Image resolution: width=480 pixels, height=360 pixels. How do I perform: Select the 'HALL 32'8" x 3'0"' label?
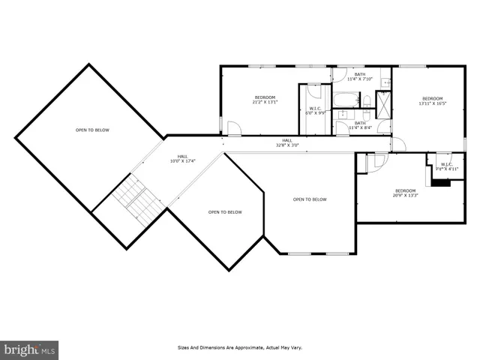click(x=287, y=142)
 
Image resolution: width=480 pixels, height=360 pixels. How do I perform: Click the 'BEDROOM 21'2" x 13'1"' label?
click(x=265, y=100)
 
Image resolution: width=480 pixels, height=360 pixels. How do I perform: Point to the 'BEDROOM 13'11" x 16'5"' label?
click(x=432, y=101)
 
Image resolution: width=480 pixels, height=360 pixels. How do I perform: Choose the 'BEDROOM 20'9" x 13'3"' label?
click(x=405, y=193)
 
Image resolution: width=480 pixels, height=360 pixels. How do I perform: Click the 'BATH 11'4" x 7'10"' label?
click(x=360, y=76)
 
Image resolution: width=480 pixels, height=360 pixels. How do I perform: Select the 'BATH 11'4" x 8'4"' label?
click(x=360, y=125)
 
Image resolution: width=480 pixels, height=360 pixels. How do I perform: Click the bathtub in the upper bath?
click(x=347, y=99)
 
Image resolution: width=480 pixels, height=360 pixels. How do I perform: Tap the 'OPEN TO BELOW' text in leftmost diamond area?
click(x=92, y=130)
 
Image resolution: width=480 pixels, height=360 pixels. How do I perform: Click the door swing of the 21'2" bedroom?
click(x=234, y=129)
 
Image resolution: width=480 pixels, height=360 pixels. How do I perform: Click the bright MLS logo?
click(x=29, y=349)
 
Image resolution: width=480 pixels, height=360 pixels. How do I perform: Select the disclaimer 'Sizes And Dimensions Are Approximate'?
click(x=239, y=348)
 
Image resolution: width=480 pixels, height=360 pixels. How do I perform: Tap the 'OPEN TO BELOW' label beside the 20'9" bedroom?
click(x=310, y=199)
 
